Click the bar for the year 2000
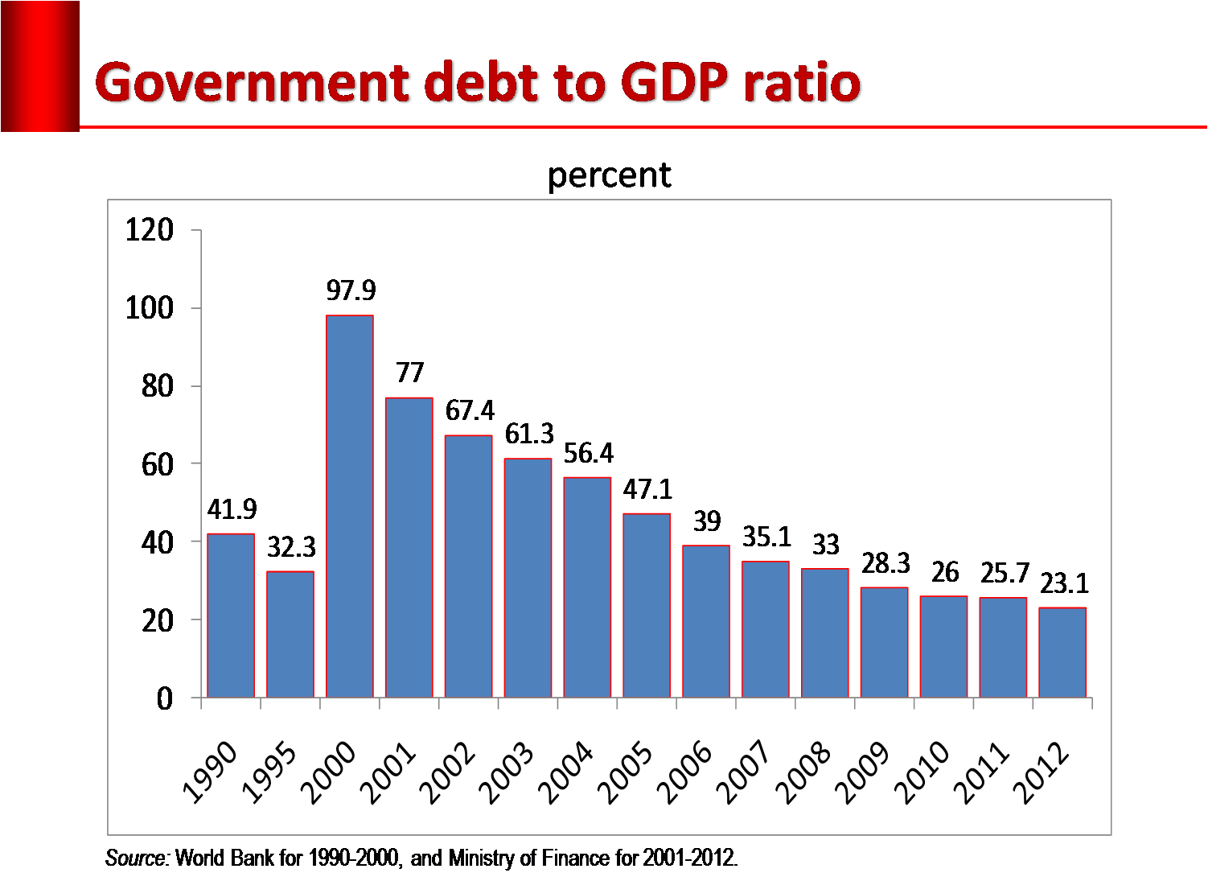point(350,506)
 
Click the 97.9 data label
point(351,290)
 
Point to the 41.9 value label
point(232,508)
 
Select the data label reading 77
point(409,373)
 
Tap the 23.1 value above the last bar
point(1064,583)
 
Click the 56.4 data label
point(588,453)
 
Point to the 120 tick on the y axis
point(150,230)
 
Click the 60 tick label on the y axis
point(157,464)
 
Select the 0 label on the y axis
point(165,698)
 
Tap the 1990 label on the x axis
point(210,772)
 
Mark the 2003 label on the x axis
point(507,772)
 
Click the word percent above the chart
point(609,175)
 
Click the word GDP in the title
point(676,83)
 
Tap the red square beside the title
point(40,66)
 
